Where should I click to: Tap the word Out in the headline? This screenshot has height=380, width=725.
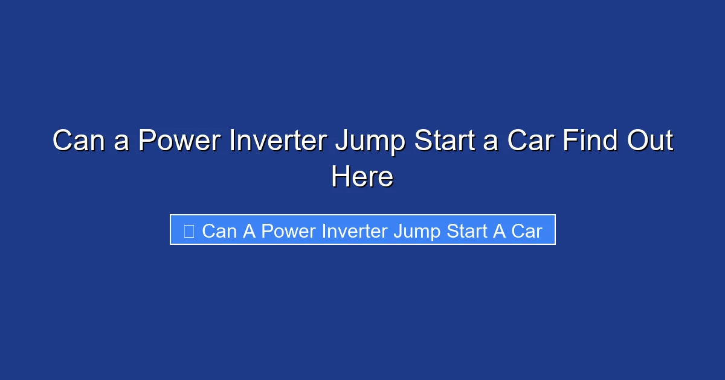tap(650, 141)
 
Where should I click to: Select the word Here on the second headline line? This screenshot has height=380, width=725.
tap(362, 177)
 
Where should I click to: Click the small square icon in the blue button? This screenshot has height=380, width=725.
tap(188, 231)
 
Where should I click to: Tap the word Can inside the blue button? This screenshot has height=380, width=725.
tap(219, 231)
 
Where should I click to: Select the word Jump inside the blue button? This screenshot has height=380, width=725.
tap(417, 232)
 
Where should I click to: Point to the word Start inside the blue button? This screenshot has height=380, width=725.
tap(468, 231)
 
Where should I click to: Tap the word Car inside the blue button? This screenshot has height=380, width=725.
tap(527, 231)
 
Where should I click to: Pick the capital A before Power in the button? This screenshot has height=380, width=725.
tap(249, 231)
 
